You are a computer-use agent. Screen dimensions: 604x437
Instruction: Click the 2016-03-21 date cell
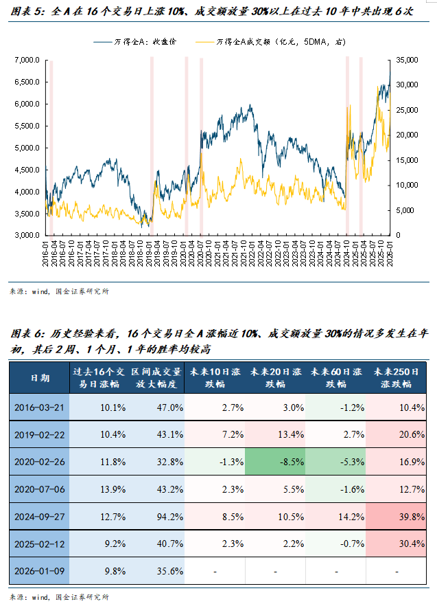coord(39,407)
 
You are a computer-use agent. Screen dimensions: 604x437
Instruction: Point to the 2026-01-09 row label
coord(39,572)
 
